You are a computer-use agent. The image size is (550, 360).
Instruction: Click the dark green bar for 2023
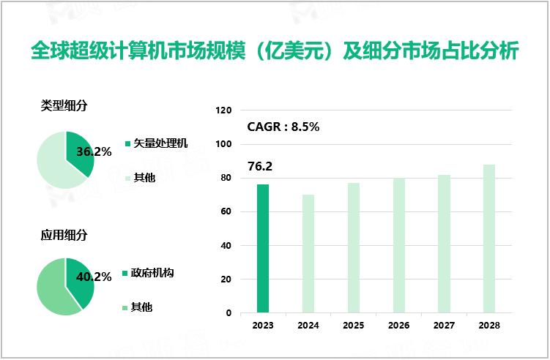click(263, 248)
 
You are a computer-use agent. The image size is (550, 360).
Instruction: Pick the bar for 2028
click(489, 239)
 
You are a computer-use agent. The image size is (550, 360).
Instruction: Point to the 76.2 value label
click(260, 167)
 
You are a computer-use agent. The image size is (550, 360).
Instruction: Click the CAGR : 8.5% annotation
click(283, 127)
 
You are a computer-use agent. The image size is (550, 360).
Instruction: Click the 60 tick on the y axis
click(226, 212)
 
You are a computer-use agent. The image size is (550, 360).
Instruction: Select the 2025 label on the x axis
click(353, 324)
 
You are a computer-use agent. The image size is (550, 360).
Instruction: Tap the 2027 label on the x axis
click(444, 324)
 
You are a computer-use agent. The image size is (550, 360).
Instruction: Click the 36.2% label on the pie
click(94, 152)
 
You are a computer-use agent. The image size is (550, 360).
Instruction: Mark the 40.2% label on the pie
click(94, 277)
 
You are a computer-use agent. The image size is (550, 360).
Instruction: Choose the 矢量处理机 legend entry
click(160, 143)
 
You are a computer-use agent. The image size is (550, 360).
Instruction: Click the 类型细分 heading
click(64, 105)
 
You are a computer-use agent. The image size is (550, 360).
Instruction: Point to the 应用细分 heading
click(64, 235)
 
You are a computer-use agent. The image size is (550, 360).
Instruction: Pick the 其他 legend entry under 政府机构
click(142, 307)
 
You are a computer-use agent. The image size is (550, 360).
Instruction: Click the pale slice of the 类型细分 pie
click(51, 161)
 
